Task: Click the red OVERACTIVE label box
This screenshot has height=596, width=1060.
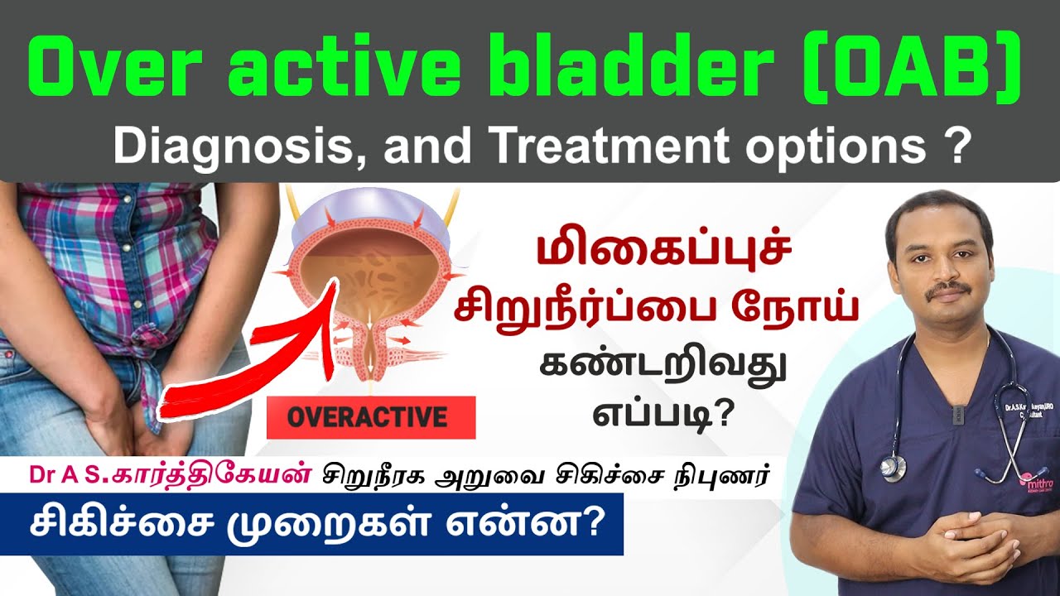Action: (x=370, y=417)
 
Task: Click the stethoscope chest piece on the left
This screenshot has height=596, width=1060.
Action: (x=894, y=467)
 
